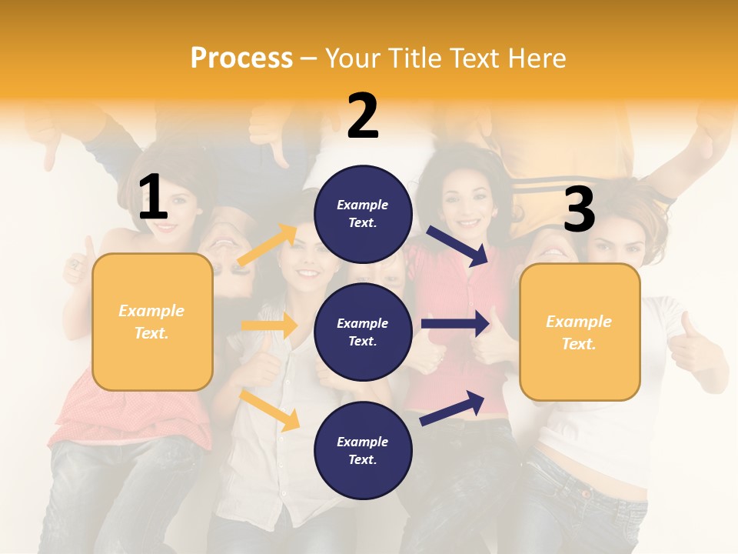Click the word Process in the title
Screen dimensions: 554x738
(x=241, y=58)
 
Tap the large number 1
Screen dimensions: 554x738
(x=153, y=198)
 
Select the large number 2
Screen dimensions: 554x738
(x=363, y=116)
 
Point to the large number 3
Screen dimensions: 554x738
(x=579, y=209)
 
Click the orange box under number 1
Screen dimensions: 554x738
(x=152, y=322)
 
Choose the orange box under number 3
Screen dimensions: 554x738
(x=580, y=332)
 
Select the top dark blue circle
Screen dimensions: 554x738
(x=363, y=214)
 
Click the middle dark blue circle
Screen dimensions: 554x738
(x=363, y=332)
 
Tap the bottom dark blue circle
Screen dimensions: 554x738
(x=363, y=450)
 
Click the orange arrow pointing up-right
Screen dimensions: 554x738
(x=268, y=244)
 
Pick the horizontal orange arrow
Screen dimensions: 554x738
(x=269, y=325)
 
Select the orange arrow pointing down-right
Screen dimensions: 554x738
(x=270, y=409)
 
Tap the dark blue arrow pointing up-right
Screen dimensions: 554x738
(x=453, y=408)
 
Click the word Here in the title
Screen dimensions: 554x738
(x=538, y=58)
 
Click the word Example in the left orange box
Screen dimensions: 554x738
(x=151, y=311)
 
